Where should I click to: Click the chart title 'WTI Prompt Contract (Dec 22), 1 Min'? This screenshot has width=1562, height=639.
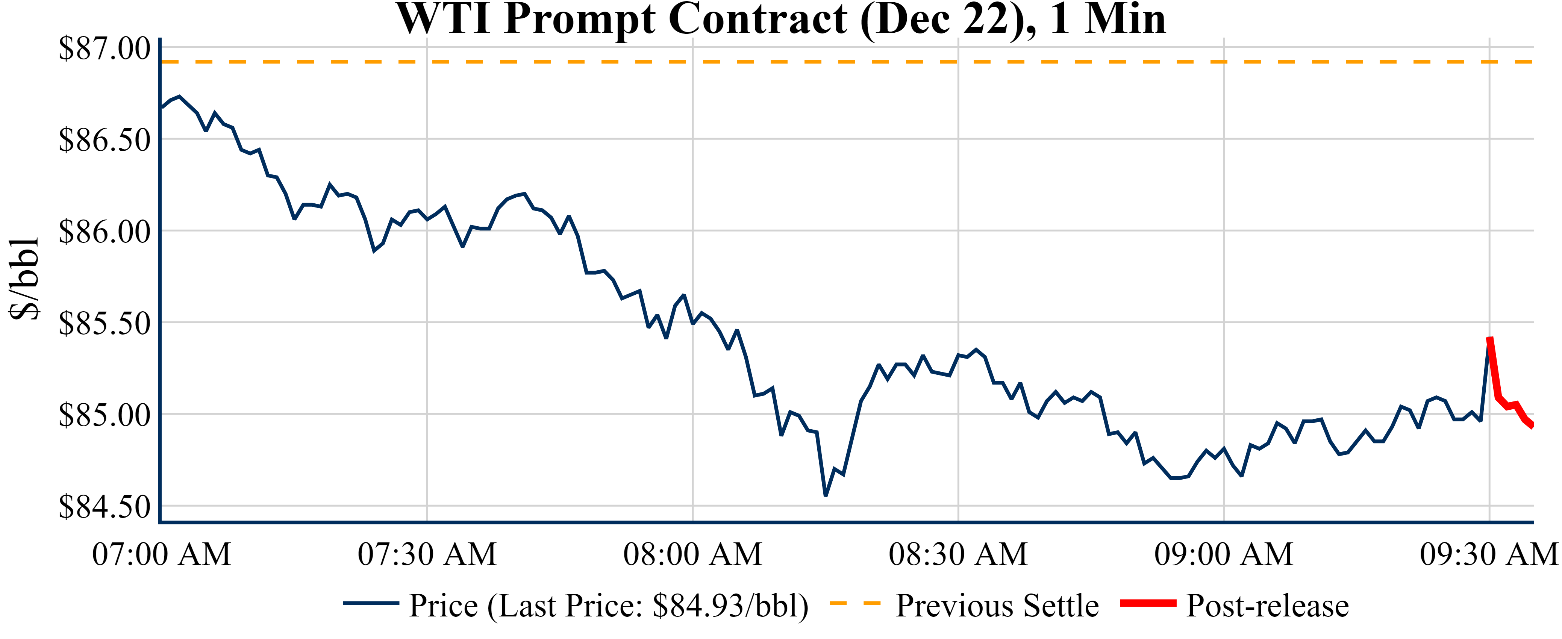click(781, 20)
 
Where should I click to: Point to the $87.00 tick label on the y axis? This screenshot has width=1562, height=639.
click(104, 48)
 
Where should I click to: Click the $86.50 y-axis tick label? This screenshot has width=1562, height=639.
click(104, 140)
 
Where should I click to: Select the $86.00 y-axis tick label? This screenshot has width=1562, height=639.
click(104, 232)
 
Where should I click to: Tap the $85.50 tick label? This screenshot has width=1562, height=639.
click(104, 324)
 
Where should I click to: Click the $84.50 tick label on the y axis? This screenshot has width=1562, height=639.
click(104, 507)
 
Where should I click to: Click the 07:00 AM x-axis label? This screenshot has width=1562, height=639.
click(161, 554)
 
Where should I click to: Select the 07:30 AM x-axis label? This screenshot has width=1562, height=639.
click(427, 554)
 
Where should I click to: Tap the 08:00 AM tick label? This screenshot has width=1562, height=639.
click(692, 554)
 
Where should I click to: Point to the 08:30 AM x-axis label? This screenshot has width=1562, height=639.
click(958, 554)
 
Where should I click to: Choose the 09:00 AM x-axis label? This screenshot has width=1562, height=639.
click(1224, 554)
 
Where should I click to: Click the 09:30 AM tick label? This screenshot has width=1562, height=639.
click(1489, 554)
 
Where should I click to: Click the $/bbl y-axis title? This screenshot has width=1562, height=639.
click(24, 279)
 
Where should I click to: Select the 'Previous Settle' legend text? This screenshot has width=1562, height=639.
click(997, 606)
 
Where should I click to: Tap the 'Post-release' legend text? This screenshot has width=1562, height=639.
click(1267, 606)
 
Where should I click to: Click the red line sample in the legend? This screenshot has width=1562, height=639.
click(1148, 603)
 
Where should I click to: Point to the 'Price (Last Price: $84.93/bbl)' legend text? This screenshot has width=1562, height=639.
click(609, 606)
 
